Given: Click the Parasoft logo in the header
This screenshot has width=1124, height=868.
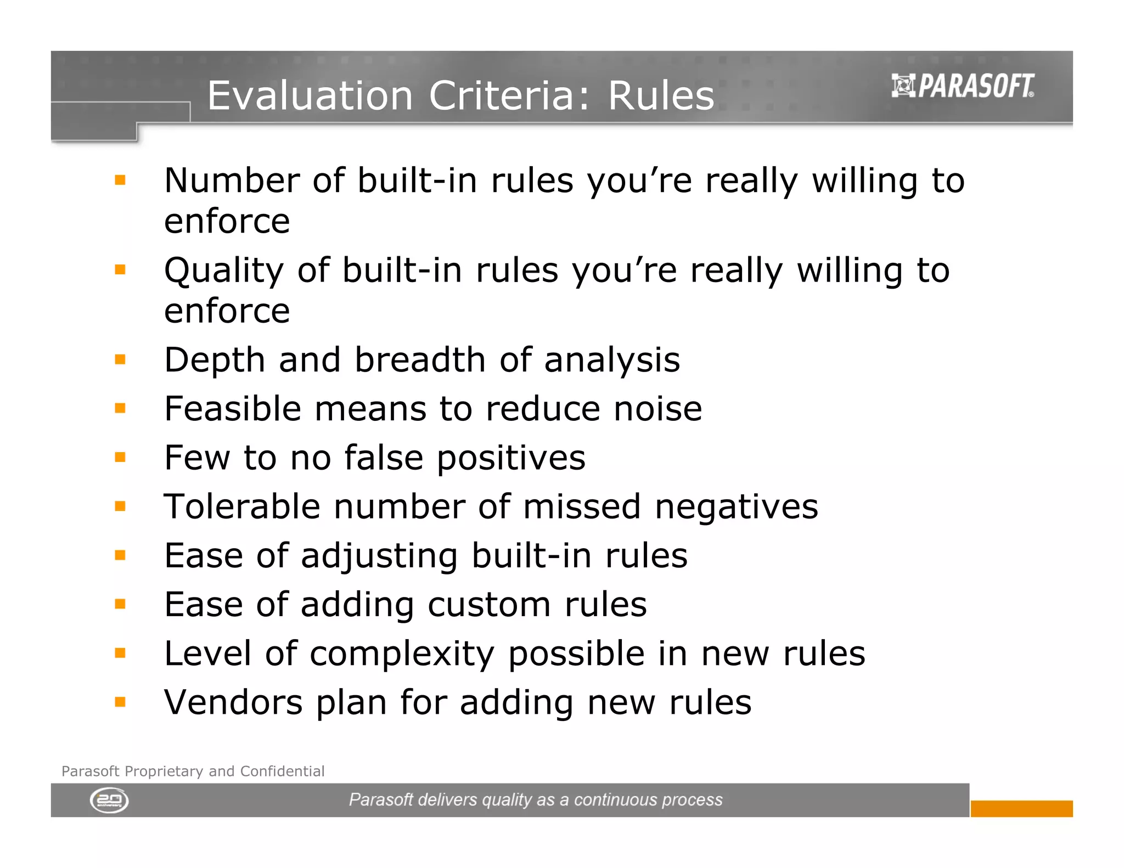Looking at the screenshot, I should coord(963,86).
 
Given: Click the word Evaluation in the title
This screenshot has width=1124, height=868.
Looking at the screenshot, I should coord(310,95).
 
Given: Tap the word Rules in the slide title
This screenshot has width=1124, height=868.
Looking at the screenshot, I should coord(661,95).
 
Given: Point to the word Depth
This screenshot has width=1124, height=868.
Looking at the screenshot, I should coord(215,360).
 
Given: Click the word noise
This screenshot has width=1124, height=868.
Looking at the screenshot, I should coord(657,409).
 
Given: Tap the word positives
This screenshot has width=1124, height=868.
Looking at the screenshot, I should coord(511,458).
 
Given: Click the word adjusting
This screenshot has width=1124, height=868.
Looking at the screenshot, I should coord(379,556).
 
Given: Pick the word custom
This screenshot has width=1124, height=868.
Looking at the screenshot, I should coord(489,605).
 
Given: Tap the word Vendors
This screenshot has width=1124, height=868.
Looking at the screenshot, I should coord(233,702).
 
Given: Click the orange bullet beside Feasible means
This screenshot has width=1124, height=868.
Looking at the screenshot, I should coord(120,408).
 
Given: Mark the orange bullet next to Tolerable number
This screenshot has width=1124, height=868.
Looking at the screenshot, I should coord(120,506).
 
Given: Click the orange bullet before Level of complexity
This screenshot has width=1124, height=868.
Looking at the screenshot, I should coord(120,653).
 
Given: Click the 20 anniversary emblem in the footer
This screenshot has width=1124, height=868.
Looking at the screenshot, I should coord(109,801).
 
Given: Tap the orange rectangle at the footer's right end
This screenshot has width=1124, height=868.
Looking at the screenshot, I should coord(1021,808).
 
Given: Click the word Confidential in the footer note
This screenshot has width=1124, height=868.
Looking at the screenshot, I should coord(282,771).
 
